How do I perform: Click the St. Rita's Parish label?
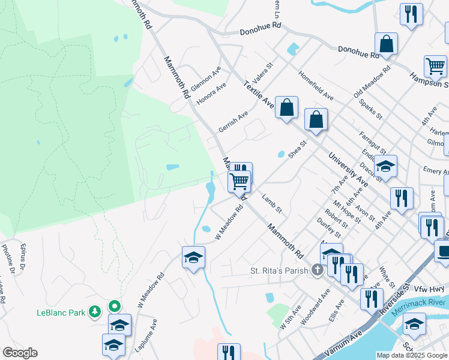tap(280, 271)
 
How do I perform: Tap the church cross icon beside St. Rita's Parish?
tap(318, 271)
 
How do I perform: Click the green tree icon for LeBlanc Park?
tap(95, 311)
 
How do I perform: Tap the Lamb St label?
tap(271, 203)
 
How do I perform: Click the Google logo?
tap(20, 353)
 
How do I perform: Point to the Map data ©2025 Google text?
tap(411, 355)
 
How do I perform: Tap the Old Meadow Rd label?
tap(372, 81)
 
